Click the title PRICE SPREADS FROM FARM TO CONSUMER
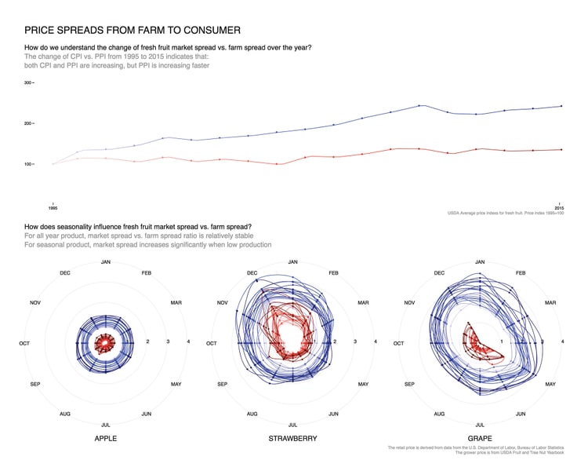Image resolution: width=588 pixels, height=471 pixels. [x=132, y=31]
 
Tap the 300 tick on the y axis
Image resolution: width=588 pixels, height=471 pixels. [x=27, y=82]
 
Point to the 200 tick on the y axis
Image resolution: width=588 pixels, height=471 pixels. [x=27, y=123]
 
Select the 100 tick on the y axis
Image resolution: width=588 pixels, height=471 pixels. [x=27, y=164]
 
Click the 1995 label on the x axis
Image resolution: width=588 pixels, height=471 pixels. [x=53, y=208]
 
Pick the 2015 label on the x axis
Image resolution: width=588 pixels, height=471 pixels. [x=559, y=208]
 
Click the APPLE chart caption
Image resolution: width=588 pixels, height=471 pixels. [x=105, y=438]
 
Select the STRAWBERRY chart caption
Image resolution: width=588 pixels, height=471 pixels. [x=292, y=438]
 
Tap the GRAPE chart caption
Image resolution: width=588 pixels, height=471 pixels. [x=479, y=438]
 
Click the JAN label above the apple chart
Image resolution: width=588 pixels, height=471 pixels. [x=105, y=261]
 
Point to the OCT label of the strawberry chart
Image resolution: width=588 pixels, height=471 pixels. [x=211, y=343]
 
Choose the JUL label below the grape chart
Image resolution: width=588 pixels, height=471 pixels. [x=479, y=425]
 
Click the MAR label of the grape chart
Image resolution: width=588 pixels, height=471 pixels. [x=550, y=302]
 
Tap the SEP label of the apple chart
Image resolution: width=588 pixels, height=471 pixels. [x=35, y=384]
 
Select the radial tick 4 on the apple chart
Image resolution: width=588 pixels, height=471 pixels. [x=188, y=341]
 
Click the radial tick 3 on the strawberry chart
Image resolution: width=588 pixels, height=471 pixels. [x=355, y=341]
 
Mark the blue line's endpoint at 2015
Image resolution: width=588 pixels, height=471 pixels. [x=561, y=106]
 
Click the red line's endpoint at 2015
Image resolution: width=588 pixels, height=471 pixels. [x=561, y=149]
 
